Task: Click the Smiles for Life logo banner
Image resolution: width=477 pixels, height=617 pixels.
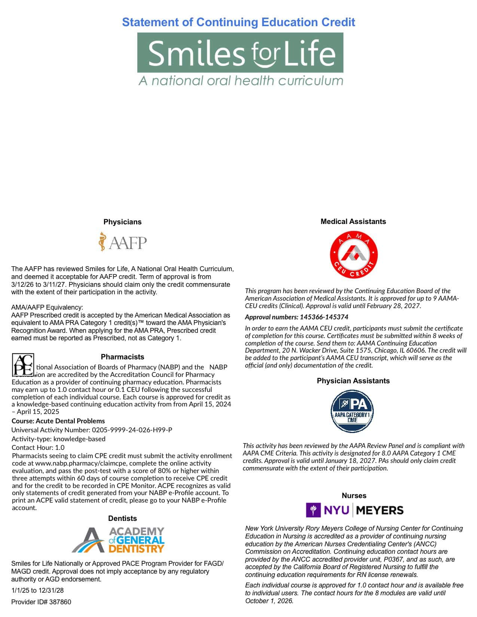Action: tap(240, 53)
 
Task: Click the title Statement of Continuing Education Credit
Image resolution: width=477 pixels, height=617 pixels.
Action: tap(238, 22)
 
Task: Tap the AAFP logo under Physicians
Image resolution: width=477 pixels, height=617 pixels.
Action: tap(122, 242)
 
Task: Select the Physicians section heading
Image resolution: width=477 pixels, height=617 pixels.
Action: tap(122, 222)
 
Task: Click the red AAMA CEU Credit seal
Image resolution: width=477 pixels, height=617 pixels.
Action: tap(353, 254)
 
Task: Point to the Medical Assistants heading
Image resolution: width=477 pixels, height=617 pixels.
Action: tap(353, 221)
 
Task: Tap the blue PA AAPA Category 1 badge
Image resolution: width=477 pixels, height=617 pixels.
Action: tap(352, 411)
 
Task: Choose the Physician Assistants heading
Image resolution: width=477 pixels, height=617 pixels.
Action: tap(353, 381)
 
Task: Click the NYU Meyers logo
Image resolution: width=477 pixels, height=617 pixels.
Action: tap(354, 510)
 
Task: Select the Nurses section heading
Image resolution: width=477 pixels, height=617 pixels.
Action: tap(354, 495)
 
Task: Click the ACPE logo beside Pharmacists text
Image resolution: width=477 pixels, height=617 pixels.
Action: tap(23, 365)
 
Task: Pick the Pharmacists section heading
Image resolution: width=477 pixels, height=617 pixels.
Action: tap(122, 357)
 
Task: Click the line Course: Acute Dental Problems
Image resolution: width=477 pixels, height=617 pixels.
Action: tap(58, 421)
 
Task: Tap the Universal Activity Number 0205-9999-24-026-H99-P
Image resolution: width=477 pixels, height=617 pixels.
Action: tap(92, 430)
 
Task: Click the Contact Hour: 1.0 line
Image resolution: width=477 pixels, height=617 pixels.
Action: tap(38, 447)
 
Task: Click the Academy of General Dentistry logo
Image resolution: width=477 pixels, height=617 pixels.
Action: tap(119, 540)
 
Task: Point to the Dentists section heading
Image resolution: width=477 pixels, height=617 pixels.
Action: tap(122, 518)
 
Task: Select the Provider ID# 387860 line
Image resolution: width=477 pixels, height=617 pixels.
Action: tap(41, 602)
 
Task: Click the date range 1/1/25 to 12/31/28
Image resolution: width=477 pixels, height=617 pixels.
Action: tap(37, 590)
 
